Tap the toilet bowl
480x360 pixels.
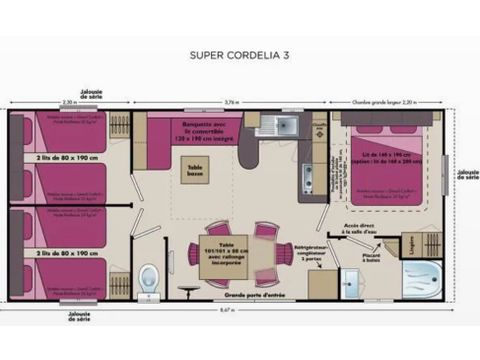point(149,272)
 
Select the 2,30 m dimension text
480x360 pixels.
point(68,100)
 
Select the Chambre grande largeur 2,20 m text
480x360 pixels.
point(380,100)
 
